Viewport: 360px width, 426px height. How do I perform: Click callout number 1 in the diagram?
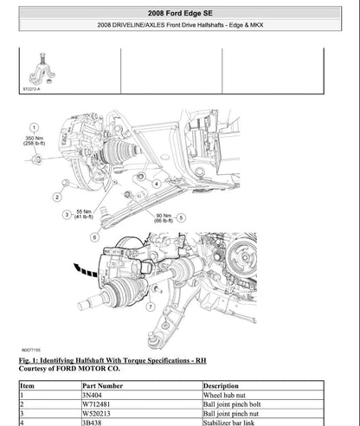pyautogui.click(x=33, y=126)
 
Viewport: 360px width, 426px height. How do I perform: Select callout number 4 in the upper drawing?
pyautogui.click(x=157, y=183)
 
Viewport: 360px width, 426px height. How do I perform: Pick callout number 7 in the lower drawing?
pyautogui.click(x=151, y=306)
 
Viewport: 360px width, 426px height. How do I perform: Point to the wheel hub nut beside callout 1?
pyautogui.click(x=35, y=160)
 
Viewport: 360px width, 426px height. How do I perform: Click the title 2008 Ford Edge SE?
pyautogui.click(x=179, y=10)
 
